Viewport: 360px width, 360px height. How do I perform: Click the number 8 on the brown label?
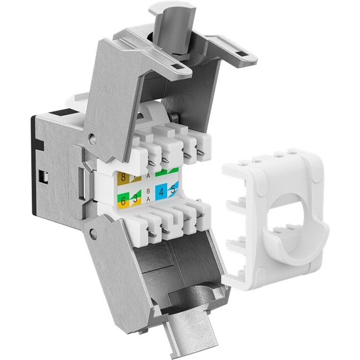(122, 179)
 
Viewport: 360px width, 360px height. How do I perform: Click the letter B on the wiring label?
(148, 191)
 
